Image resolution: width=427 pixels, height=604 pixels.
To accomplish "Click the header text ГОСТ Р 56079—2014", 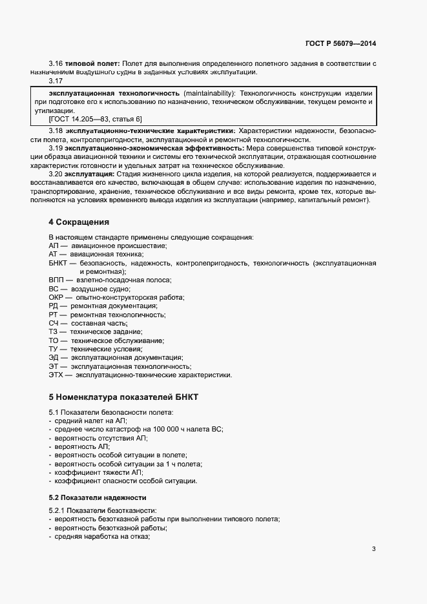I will click(x=340, y=44).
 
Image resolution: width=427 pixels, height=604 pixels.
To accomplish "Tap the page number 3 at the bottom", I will click(x=373, y=550).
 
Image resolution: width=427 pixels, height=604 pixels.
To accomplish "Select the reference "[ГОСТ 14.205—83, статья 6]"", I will click(x=95, y=119).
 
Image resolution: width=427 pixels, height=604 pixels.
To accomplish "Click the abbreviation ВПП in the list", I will click(x=57, y=280).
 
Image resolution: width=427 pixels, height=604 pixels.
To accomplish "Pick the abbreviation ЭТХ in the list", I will click(x=57, y=375).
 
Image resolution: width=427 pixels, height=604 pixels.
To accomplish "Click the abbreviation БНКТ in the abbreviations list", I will click(x=59, y=264).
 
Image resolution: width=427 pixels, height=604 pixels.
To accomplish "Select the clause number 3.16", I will click(x=56, y=63).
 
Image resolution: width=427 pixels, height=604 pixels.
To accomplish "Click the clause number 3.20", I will click(x=56, y=174).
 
